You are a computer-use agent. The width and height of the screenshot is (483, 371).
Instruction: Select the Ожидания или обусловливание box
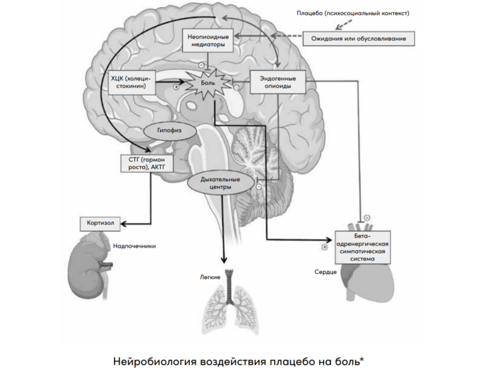tap(359, 38)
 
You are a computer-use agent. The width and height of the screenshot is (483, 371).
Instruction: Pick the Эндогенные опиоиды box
tap(278, 82)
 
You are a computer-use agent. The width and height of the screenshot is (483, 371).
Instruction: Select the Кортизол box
tap(100, 223)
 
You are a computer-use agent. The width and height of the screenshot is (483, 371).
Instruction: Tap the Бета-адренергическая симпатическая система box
tap(362, 247)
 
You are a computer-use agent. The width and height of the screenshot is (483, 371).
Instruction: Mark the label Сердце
tap(326, 271)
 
